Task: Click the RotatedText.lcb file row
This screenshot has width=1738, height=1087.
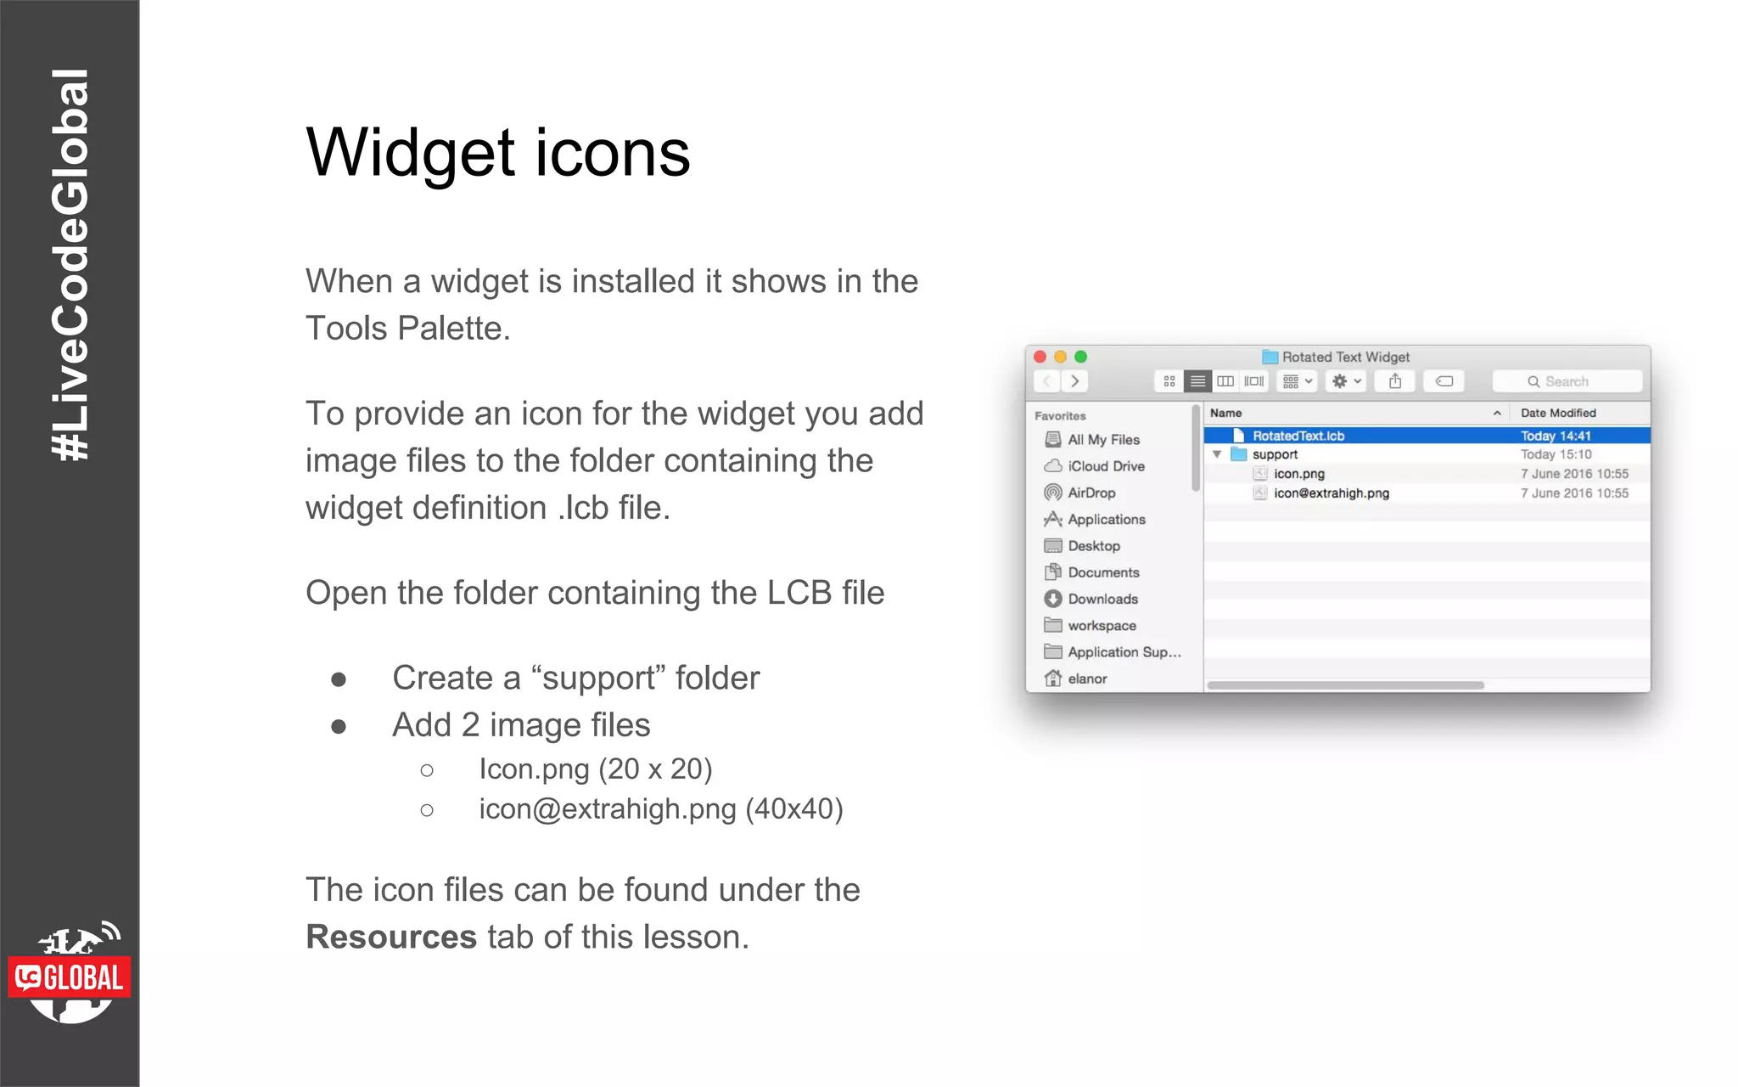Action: pos(1298,436)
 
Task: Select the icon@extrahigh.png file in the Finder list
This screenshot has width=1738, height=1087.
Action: pos(1331,493)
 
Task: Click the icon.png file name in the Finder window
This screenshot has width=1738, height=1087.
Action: pos(1298,474)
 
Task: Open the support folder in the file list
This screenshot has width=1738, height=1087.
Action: pos(1275,454)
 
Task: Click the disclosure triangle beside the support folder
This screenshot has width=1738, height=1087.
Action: pos(1217,454)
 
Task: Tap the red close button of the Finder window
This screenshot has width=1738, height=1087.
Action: pos(1040,357)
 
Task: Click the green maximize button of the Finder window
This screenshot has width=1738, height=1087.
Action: pos(1080,357)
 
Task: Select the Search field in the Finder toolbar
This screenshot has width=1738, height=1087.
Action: pos(1567,381)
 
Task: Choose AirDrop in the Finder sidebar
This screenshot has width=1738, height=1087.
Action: pos(1091,493)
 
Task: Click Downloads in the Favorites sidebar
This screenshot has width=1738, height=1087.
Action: pos(1102,599)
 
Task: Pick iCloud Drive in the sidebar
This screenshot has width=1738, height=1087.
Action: pos(1106,466)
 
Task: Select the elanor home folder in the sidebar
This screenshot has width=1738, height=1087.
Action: pos(1087,679)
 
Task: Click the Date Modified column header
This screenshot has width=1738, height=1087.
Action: pos(1558,413)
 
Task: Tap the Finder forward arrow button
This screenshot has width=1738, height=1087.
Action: pos(1075,381)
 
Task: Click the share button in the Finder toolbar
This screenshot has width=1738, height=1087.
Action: pos(1395,381)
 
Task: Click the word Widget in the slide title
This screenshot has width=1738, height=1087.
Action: pos(411,154)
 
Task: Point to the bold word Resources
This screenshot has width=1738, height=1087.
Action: pos(391,937)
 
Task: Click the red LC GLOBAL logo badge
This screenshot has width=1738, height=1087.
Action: pos(70,977)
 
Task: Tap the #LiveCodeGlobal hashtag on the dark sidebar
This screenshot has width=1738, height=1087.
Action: pos(70,264)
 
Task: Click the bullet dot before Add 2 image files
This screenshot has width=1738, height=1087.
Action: pos(339,726)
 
